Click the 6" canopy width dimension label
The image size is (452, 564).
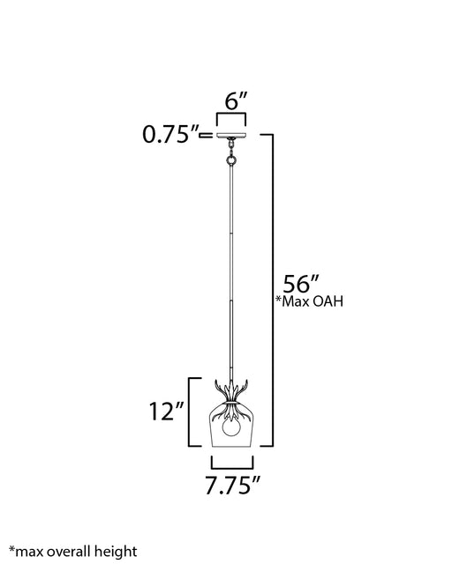point(236,101)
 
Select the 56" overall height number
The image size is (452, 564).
point(301,284)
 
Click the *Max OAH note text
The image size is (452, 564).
point(309,301)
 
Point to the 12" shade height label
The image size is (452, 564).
point(167,412)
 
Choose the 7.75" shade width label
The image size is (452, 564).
point(232,486)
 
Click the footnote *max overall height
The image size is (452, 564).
point(73,552)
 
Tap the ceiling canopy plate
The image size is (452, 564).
point(231,135)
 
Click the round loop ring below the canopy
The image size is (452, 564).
point(231,160)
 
